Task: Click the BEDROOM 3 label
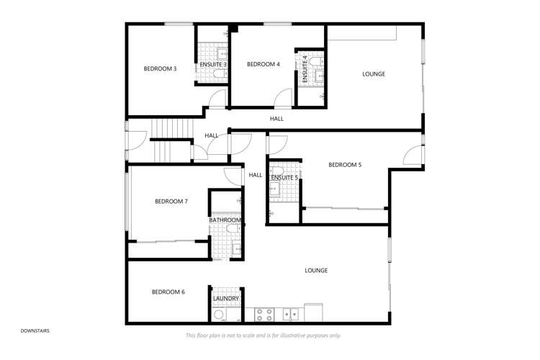point(160,69)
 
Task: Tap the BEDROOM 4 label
point(263,65)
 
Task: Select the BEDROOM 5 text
point(345,165)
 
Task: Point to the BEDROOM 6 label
point(168,292)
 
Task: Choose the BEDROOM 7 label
point(171,202)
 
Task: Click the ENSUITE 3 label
point(214,65)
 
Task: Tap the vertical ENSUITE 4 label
point(305,68)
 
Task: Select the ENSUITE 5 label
point(284,177)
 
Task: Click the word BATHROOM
point(225,220)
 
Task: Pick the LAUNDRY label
point(225,298)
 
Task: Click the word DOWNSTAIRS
point(35,330)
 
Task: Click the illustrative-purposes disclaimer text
point(263,336)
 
